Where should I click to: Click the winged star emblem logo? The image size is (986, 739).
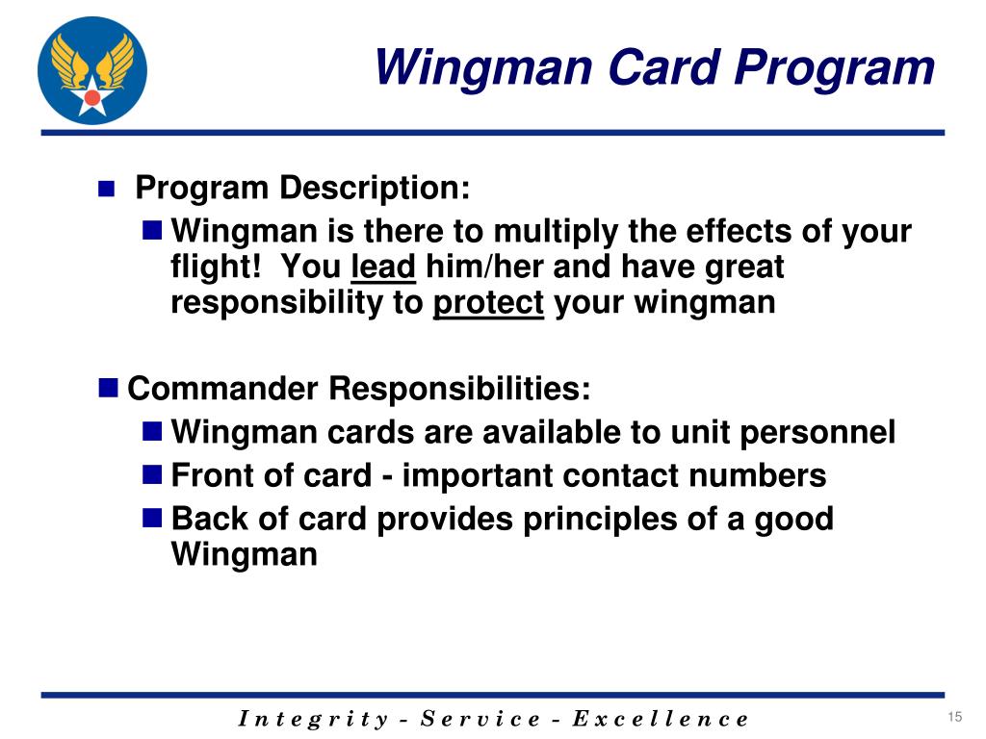point(92,70)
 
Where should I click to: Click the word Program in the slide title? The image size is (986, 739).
point(836,68)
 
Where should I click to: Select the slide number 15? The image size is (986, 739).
point(955,716)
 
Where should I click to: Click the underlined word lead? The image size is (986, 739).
point(383,267)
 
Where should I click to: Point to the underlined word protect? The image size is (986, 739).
point(488,302)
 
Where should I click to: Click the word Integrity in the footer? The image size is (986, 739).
point(312,719)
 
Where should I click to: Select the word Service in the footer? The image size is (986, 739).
point(483,719)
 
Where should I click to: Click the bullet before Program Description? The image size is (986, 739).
point(107,189)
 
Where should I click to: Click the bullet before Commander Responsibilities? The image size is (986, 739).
point(108,389)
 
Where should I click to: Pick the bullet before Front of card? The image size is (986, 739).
point(151,474)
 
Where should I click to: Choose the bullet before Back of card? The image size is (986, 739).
point(151,519)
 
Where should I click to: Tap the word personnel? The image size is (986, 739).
point(817,432)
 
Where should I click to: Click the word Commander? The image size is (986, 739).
point(223,389)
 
